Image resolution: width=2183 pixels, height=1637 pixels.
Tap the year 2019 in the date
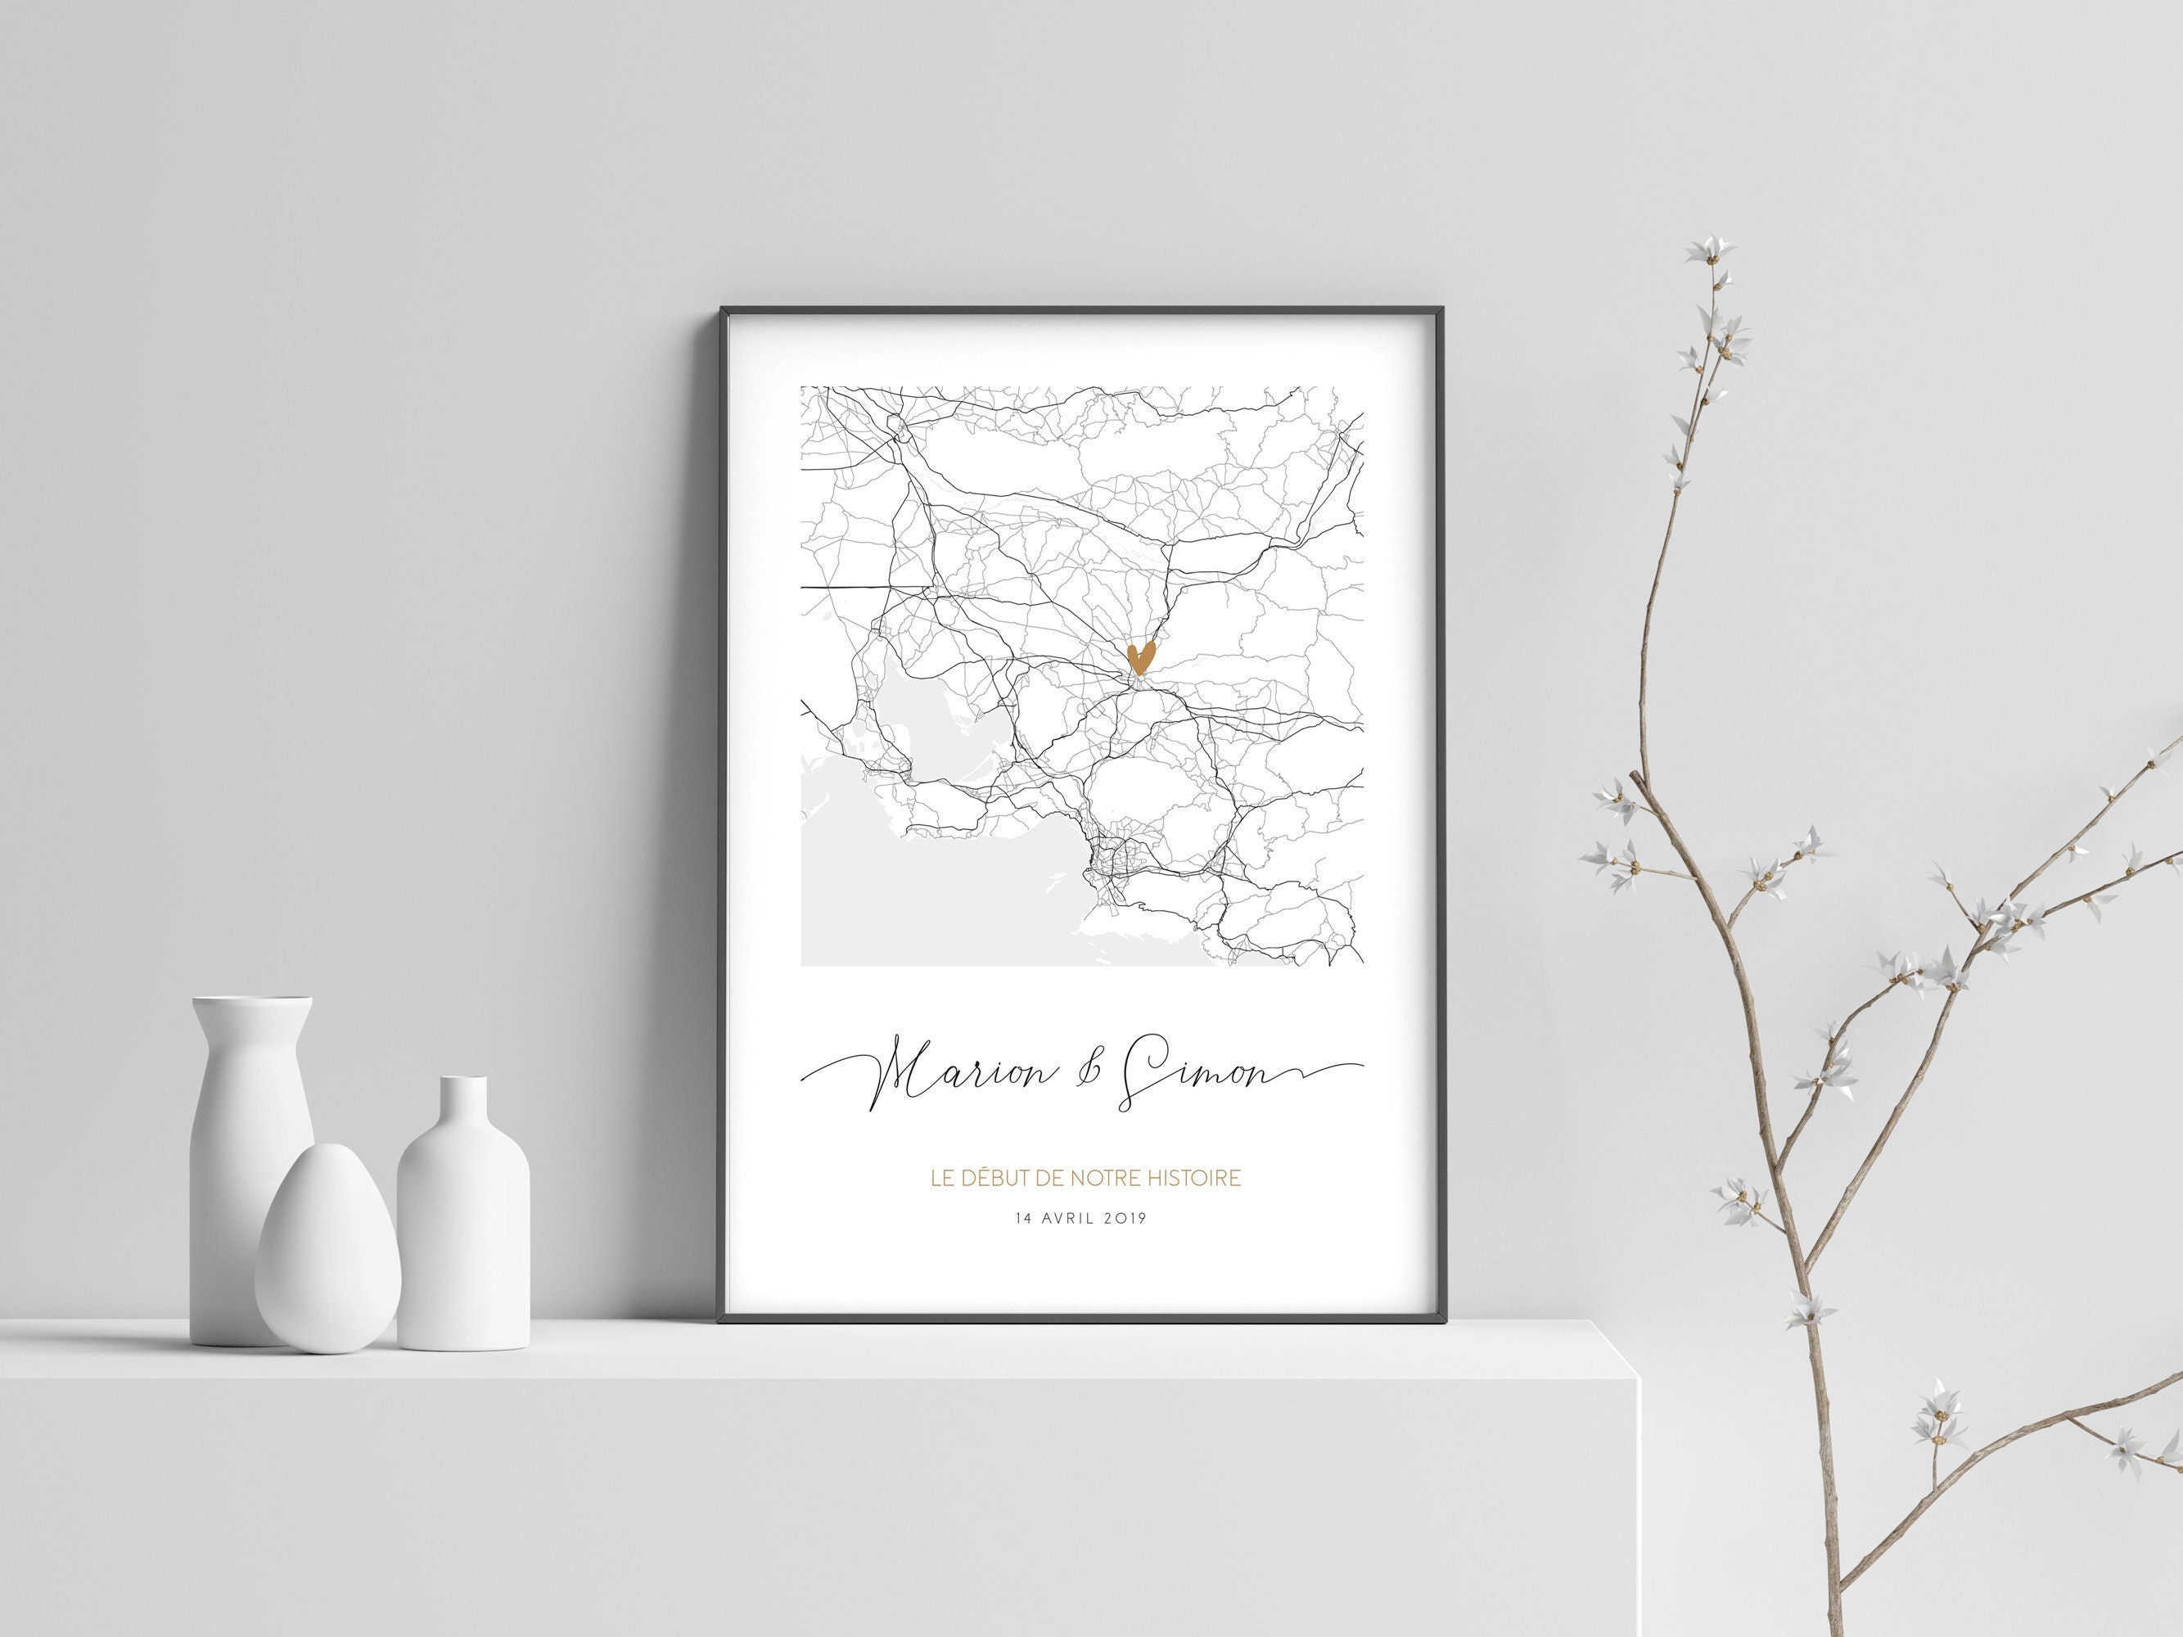(x=1126, y=1219)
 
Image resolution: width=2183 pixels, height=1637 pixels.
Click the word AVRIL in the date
(x=1069, y=1219)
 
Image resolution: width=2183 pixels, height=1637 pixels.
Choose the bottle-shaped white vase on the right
(x=464, y=1233)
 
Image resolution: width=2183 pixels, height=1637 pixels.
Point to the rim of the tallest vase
(x=253, y=1004)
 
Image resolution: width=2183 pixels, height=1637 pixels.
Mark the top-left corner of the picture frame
(x=724, y=311)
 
